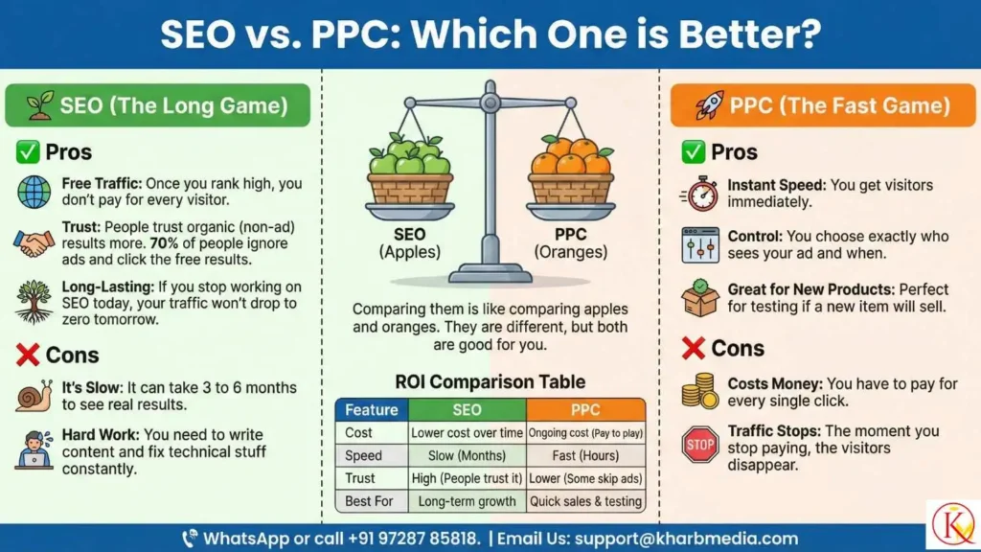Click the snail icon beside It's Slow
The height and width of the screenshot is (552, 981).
coord(34,394)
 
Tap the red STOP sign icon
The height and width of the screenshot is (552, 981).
coord(699,445)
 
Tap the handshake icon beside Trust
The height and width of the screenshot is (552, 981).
coord(34,242)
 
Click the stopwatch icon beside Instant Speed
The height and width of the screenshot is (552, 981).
coord(699,194)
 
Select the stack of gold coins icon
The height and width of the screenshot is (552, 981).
coord(699,391)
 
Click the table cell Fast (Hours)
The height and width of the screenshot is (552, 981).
coord(585,455)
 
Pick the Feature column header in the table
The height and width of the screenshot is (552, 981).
coord(371,410)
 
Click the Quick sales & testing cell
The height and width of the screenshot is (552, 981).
coord(585,500)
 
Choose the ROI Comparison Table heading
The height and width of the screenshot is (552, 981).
coord(490,380)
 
